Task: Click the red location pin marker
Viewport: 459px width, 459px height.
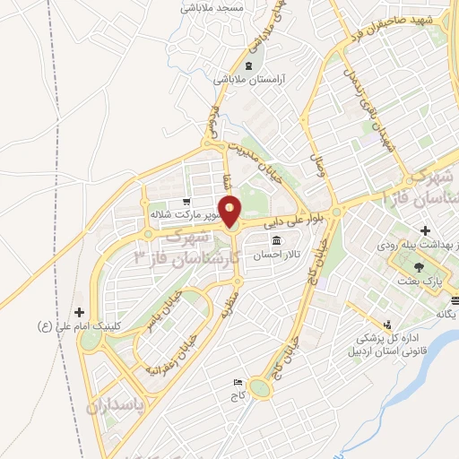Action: [x=230, y=210]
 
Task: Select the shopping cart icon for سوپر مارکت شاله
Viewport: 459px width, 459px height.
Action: [x=185, y=202]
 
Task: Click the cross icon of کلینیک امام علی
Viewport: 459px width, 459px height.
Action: [x=81, y=312]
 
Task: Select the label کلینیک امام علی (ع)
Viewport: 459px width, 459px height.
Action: [x=82, y=325]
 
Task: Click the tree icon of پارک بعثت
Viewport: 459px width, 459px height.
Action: [x=418, y=266]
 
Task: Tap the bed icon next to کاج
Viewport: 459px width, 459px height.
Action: [x=237, y=382]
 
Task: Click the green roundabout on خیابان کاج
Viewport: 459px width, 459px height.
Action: [x=261, y=388]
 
